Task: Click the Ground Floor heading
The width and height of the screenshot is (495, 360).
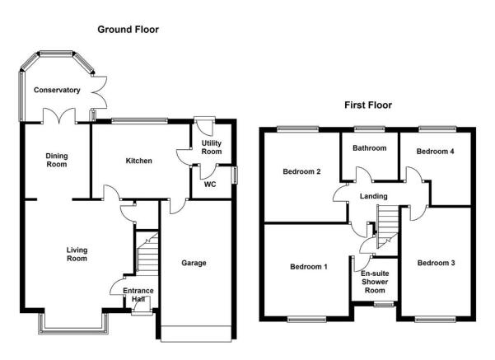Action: point(128,30)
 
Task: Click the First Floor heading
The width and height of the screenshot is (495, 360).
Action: point(368,105)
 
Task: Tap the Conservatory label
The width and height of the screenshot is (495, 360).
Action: point(57,90)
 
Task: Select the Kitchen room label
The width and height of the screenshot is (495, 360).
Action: point(139,161)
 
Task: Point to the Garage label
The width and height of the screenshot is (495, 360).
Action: point(194,263)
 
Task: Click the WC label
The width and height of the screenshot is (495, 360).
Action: point(210,184)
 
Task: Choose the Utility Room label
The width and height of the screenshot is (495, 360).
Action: point(212,147)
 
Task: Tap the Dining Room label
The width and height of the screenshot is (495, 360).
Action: point(57,160)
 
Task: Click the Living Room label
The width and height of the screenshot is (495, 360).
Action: point(77,255)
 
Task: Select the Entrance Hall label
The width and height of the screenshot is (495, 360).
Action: point(138,295)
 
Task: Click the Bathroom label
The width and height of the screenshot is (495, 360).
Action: point(369,148)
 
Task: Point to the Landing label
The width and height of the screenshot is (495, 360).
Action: point(373,196)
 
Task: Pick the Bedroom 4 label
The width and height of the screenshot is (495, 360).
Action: point(436,152)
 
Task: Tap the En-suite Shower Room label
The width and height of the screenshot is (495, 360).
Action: point(375,282)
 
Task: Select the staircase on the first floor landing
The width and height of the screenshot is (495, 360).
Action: point(387,226)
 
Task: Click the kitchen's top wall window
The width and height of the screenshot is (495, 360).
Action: point(139,120)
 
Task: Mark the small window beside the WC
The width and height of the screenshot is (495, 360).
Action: point(234,175)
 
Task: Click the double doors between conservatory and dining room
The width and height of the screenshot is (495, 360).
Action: point(59,115)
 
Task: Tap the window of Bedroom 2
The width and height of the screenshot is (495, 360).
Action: point(297,129)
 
